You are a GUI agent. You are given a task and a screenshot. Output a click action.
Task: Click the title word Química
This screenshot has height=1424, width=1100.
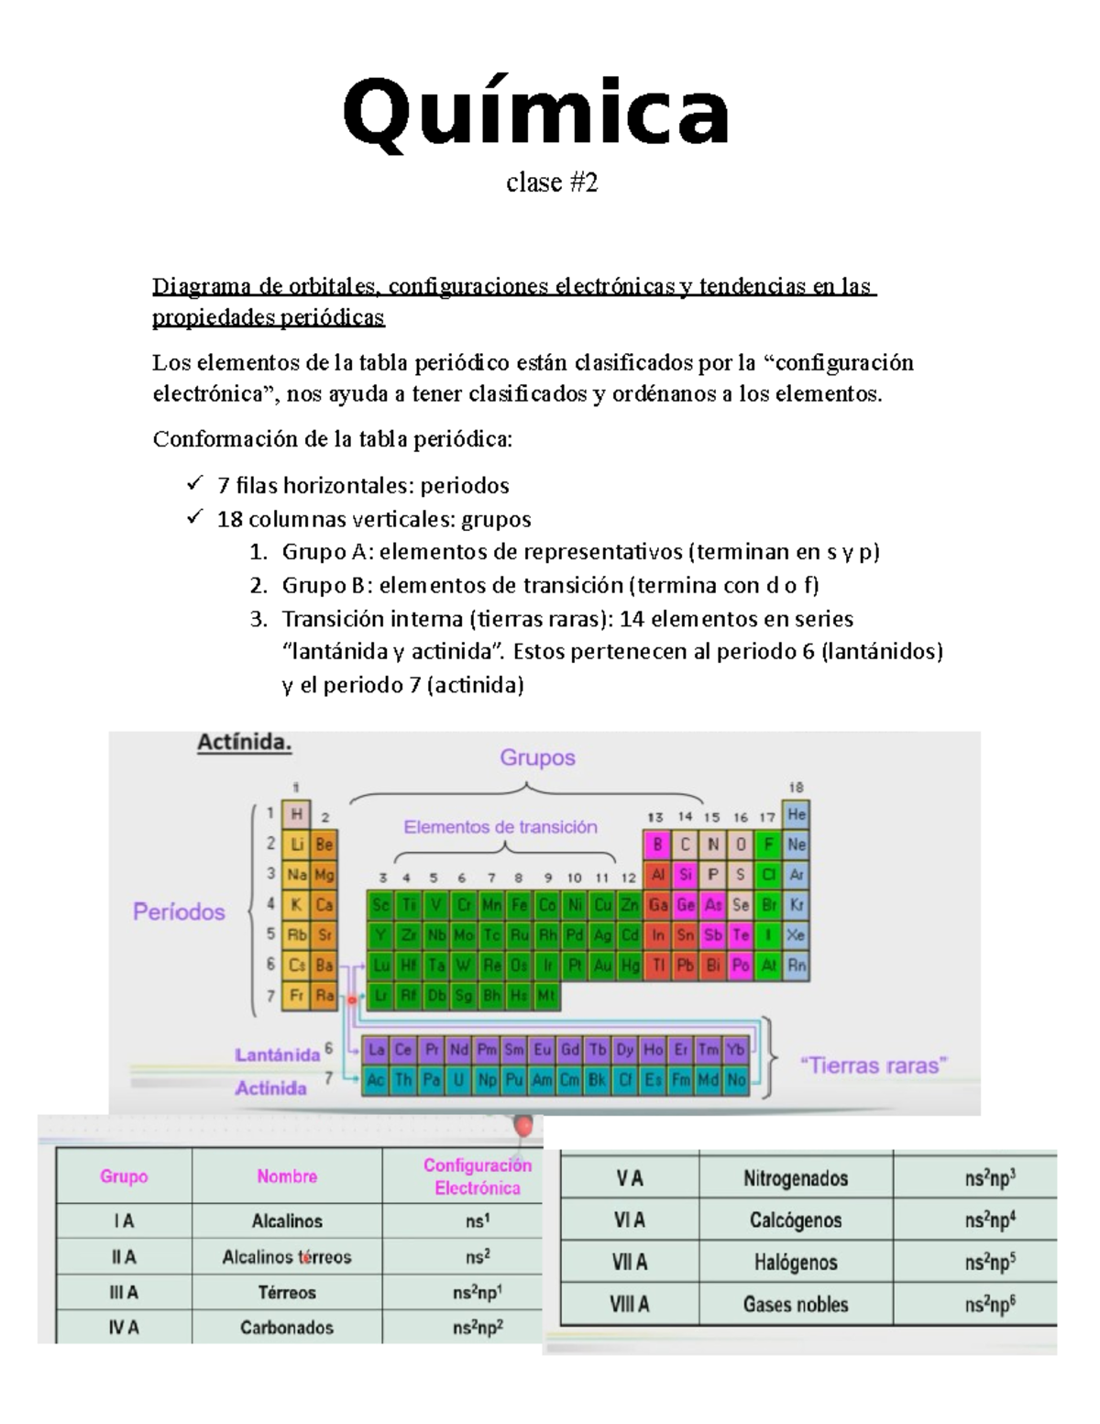536,114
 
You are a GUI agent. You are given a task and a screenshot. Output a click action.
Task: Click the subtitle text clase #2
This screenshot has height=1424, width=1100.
552,183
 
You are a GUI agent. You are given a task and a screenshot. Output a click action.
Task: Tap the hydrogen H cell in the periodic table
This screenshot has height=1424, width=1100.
296,813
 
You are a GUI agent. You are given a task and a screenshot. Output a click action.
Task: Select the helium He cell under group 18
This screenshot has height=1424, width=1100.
797,814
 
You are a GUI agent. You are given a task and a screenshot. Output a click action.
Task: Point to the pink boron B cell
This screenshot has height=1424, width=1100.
656,844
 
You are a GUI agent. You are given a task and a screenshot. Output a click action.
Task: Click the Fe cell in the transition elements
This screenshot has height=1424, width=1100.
520,906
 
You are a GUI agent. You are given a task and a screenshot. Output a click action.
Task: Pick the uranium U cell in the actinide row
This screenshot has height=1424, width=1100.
459,1080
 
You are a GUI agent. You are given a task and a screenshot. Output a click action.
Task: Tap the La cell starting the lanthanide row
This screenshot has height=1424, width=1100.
375,1050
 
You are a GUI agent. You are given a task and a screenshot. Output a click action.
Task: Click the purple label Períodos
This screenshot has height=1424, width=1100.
179,911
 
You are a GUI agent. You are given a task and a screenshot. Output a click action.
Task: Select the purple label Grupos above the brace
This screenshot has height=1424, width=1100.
537,758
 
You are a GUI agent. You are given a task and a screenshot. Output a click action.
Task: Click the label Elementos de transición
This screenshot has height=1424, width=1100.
500,827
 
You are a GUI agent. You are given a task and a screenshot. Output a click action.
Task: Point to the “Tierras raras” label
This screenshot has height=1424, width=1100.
874,1065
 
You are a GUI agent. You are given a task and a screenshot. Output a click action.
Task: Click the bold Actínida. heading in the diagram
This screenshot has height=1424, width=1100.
245,744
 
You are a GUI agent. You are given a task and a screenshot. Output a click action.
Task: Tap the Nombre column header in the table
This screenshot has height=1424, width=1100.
287,1176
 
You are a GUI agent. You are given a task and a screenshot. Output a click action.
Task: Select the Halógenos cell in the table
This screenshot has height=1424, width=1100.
796,1263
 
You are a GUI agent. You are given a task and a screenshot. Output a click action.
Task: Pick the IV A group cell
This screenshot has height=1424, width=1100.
124,1327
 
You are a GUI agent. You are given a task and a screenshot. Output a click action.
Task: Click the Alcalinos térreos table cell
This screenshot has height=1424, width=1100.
287,1257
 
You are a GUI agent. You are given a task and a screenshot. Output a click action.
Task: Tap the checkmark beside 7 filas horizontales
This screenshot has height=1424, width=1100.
193,484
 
